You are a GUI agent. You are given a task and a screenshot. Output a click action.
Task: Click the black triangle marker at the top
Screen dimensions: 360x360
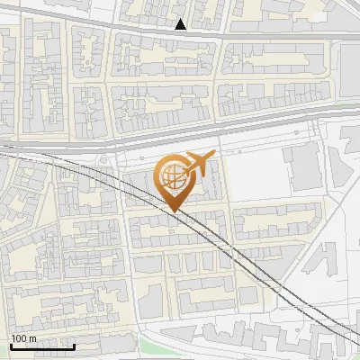[181, 24]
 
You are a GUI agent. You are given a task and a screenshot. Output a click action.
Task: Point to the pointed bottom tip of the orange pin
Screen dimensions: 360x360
[173, 211]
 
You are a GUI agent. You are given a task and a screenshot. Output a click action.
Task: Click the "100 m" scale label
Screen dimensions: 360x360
[23, 338]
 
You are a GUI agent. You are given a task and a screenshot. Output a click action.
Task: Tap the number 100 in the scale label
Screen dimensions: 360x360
[19, 338]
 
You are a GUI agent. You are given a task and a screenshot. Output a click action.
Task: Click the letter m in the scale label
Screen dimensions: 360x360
[32, 338]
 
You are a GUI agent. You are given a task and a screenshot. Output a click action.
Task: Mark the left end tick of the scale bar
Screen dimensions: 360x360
[10, 346]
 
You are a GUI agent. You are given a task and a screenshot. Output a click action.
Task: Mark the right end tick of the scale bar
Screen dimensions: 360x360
[75, 346]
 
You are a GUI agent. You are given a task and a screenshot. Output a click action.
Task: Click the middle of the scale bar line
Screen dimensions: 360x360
[42, 346]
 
